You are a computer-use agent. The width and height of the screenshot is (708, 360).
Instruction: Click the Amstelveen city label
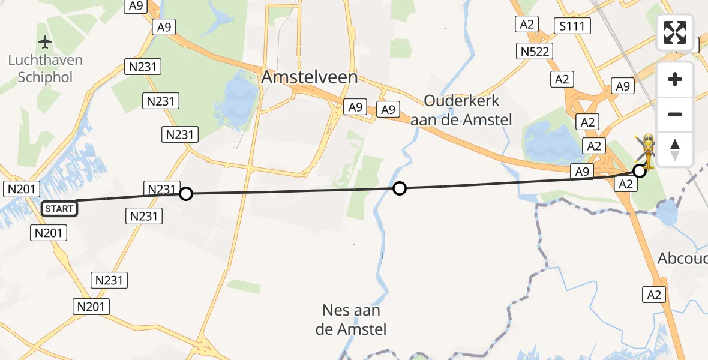pos(310,77)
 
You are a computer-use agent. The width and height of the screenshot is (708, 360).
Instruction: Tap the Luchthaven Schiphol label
pos(46,68)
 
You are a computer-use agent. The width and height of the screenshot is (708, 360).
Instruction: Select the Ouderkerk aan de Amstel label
pos(461,110)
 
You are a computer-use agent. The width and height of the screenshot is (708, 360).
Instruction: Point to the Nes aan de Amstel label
pos(352,320)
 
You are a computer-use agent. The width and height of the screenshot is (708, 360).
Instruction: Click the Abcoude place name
pos(683,259)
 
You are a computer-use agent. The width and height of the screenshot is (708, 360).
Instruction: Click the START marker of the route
pos(59,209)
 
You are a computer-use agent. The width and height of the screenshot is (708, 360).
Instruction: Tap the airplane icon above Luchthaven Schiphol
pos(45,43)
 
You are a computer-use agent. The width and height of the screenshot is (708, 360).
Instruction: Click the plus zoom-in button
pos(675,80)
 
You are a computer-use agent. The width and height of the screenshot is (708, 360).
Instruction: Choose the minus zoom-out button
pos(675,114)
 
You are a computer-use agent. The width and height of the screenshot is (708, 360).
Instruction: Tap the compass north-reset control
pos(675,149)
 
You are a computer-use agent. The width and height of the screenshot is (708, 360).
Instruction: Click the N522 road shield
pos(535,51)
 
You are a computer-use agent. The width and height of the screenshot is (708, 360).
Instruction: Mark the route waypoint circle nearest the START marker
pos(186,194)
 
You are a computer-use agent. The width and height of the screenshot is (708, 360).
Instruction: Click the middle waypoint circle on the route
pos(399,189)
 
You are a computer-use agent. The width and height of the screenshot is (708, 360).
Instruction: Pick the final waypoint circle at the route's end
pos(640,171)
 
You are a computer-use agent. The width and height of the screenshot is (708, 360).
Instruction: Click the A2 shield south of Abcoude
pos(655,295)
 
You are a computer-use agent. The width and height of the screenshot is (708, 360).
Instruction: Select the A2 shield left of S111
pos(527,24)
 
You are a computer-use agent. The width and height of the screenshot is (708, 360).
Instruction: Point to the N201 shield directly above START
pos(21,189)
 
